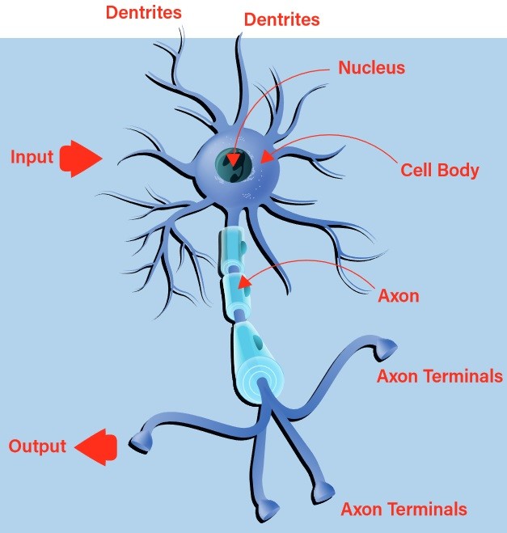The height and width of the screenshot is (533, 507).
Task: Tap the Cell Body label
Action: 440,171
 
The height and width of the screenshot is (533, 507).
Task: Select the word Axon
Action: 399,295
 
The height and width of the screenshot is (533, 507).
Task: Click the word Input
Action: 32,157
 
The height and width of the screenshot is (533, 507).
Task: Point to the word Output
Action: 37,446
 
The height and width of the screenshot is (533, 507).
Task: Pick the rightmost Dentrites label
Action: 282,18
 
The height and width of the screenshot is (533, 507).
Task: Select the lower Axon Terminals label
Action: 403,510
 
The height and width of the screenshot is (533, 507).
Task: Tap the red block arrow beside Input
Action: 81,158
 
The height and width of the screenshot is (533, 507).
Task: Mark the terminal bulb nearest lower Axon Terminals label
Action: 324,489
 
